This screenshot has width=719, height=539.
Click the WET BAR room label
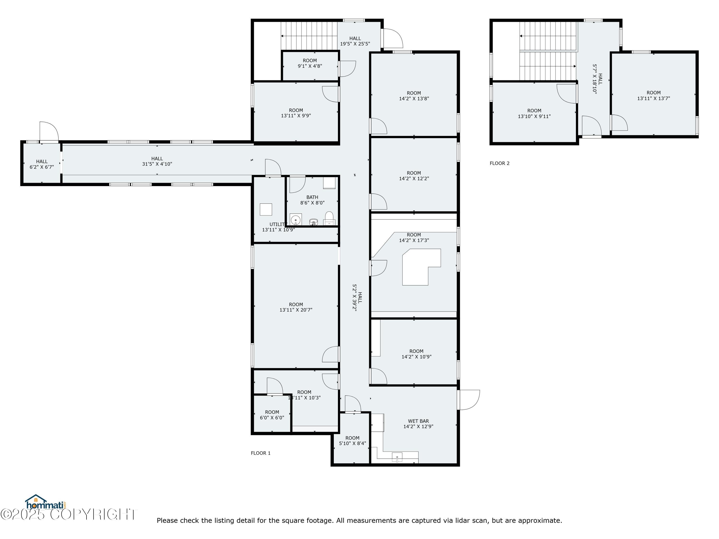pos(418,424)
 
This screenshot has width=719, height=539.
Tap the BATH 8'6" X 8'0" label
pos(312,200)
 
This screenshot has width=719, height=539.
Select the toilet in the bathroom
pos(329,218)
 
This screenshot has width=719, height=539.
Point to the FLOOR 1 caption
pos(261,453)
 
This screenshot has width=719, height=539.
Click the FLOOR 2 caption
pos(500,163)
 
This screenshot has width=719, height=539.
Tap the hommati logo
pos(46,503)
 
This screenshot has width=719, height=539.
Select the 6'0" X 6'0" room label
pos(272,415)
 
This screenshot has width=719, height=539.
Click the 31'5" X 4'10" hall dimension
pos(157,164)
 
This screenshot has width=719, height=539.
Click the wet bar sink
pos(397,457)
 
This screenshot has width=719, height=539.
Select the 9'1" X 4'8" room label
pos(310,63)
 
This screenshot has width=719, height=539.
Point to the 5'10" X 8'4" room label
pos(352,441)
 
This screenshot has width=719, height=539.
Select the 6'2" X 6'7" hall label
pos(42,164)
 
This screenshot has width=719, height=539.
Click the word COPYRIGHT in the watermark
pos(94,515)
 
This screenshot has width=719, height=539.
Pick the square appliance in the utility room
pos(266,210)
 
